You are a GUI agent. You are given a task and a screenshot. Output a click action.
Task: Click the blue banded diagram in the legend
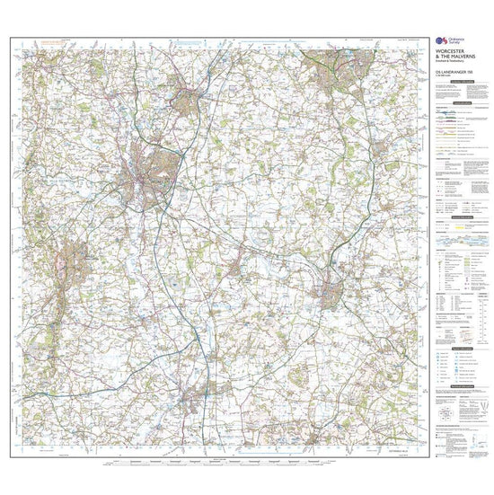tap(455, 249)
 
